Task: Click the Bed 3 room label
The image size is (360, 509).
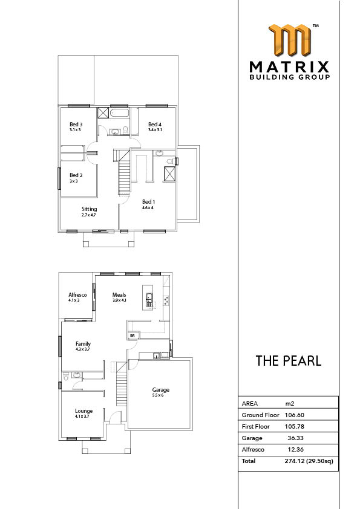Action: tap(76, 125)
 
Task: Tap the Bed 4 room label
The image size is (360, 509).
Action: tap(155, 125)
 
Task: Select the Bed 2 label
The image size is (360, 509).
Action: tap(76, 175)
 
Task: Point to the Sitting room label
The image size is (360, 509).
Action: tap(90, 209)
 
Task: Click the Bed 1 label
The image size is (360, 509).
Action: tap(148, 202)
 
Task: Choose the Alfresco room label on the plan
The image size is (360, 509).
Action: tap(77, 295)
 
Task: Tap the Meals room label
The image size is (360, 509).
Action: tap(119, 295)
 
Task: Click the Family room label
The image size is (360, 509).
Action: tap(83, 344)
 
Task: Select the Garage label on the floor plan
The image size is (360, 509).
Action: tap(161, 390)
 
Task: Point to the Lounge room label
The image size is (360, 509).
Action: tap(84, 411)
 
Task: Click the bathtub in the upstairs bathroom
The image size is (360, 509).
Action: tap(120, 114)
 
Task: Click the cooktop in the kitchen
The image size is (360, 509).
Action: tap(166, 300)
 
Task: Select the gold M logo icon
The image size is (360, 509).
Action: tap(290, 40)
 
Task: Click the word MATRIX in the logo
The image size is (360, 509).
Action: tap(289, 67)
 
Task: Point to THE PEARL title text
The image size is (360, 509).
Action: tap(289, 361)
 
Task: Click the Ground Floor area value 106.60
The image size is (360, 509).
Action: tap(295, 415)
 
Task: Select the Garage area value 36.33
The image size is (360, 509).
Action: tap(295, 438)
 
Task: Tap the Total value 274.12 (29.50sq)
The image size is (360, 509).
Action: tap(309, 461)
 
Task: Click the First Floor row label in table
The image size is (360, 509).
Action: tap(256, 427)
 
